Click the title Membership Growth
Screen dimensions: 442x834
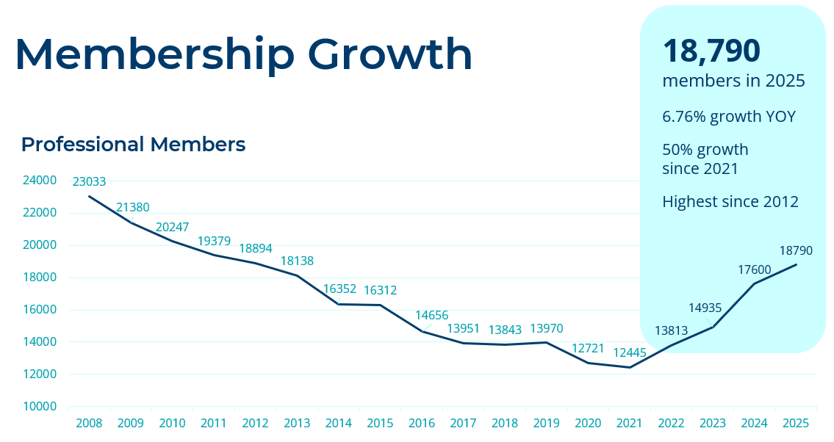tap(243, 54)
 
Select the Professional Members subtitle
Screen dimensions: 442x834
tap(133, 145)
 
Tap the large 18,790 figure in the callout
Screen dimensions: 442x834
tap(711, 51)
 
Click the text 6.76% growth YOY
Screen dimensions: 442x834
tap(728, 117)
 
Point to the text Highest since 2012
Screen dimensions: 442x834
tap(730, 201)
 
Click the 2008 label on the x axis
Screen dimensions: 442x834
tap(89, 424)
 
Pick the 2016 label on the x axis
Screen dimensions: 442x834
tap(422, 424)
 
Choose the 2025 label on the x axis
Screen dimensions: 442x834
tap(796, 424)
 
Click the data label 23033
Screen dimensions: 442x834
tap(89, 182)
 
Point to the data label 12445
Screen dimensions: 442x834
tap(630, 353)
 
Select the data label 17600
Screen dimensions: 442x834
tap(754, 269)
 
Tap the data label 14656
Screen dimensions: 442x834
tap(431, 316)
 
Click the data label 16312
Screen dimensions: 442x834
tap(380, 291)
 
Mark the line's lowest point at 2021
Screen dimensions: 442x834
tap(630, 367)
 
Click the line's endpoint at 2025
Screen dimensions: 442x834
tap(796, 265)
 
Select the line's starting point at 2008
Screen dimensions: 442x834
tap(89, 196)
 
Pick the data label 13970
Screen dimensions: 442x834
tap(547, 329)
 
